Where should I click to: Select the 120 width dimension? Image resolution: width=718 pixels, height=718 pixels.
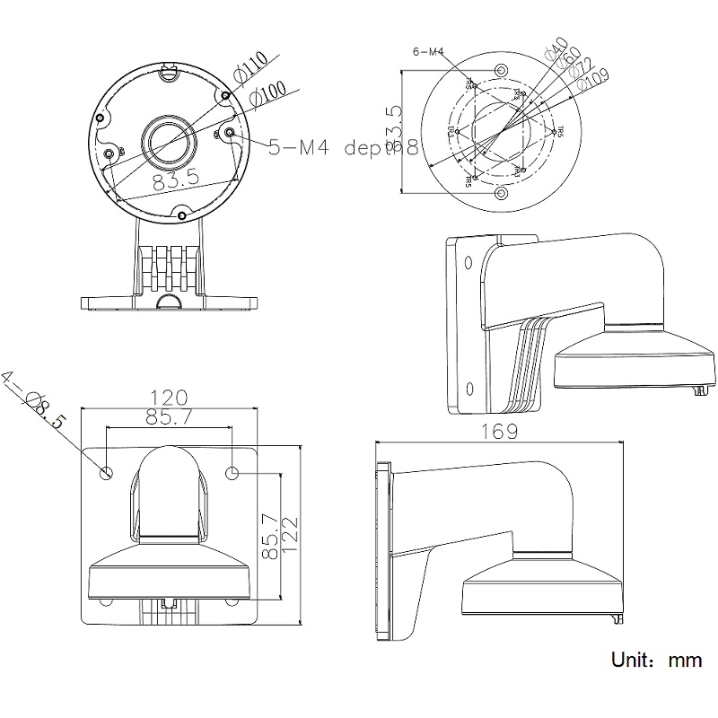click(169, 397)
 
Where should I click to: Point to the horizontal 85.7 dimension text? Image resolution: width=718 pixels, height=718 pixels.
click(169, 417)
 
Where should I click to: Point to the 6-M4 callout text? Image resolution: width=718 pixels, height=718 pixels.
click(428, 51)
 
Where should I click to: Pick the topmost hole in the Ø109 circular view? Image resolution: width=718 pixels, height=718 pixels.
click(501, 71)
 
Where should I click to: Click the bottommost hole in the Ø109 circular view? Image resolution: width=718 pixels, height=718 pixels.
click(501, 194)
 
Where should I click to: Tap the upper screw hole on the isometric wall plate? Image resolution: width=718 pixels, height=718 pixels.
click(468, 261)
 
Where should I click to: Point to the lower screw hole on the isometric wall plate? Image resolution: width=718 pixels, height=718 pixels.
click(468, 388)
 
